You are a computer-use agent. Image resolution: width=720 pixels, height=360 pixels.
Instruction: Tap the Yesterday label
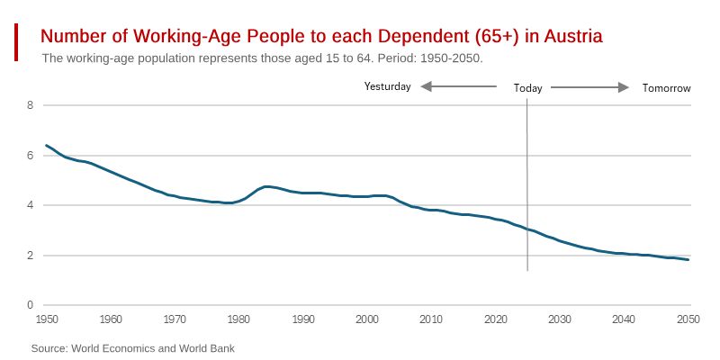(387, 87)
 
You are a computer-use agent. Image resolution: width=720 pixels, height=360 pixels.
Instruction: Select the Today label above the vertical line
(528, 88)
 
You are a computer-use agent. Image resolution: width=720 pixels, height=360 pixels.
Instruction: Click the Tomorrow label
(666, 88)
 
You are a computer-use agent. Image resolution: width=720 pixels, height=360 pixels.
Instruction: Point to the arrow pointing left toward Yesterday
(458, 87)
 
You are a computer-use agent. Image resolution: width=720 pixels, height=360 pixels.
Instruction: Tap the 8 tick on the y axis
(30, 105)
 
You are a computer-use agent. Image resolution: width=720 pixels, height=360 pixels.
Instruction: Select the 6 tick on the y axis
(30, 156)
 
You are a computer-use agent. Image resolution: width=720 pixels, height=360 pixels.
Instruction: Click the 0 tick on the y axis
(30, 306)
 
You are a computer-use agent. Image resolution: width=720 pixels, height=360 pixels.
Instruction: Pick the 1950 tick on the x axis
(47, 319)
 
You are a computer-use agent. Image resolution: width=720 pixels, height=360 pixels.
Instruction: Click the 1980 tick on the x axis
(239, 319)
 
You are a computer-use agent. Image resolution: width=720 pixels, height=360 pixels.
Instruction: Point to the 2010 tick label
(432, 319)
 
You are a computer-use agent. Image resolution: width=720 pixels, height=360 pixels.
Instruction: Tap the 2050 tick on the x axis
(688, 319)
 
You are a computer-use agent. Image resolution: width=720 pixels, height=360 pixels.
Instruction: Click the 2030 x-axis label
(560, 319)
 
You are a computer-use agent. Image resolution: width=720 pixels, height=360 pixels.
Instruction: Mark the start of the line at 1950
(47, 145)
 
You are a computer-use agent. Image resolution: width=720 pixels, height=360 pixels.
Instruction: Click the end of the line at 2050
(689, 260)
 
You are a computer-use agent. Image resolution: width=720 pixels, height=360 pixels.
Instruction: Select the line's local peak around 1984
(265, 186)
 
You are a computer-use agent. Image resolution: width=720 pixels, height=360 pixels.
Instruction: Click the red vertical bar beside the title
(17, 42)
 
